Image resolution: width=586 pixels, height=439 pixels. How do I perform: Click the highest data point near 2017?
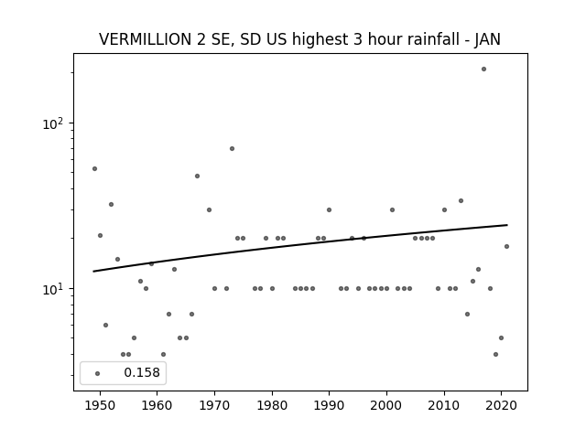click(483, 70)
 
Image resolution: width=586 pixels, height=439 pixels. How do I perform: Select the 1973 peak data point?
click(232, 148)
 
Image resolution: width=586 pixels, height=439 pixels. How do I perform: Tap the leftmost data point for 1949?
click(94, 168)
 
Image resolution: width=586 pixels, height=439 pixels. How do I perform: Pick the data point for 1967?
click(198, 177)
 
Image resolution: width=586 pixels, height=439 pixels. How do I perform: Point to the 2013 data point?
click(461, 201)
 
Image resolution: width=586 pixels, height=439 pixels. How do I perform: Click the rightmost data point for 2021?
click(506, 246)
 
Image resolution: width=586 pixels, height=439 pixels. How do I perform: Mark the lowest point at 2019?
click(495, 354)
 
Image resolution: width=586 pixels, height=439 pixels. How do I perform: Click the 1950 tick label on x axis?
click(100, 405)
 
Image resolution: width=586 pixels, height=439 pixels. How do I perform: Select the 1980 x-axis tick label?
click(272, 405)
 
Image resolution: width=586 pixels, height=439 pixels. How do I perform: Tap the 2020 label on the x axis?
click(501, 405)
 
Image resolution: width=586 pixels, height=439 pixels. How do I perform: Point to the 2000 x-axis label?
click(386, 405)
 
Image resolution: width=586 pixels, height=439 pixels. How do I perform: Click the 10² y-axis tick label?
click(53, 123)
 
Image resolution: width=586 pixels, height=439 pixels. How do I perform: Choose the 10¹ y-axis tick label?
click(53, 289)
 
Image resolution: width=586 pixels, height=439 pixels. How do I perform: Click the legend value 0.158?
click(142, 372)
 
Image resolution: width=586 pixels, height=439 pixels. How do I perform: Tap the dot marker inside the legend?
click(98, 373)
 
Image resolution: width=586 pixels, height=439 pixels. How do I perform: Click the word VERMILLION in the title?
click(146, 39)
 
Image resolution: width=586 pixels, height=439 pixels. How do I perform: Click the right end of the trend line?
click(507, 225)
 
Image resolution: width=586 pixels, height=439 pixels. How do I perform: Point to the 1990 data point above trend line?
click(329, 209)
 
